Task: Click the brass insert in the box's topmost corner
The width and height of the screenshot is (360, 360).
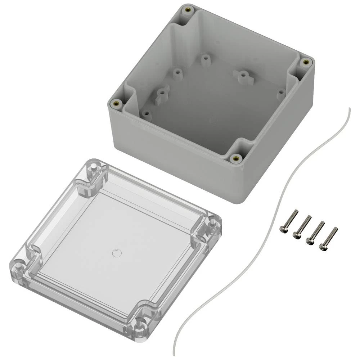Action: pyautogui.click(x=186, y=10)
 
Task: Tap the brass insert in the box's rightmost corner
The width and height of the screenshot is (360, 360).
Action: pyautogui.click(x=306, y=62)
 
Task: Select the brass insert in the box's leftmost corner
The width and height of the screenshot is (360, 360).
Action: pyautogui.click(x=116, y=104)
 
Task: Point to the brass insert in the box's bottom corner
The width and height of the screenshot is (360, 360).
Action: pyautogui.click(x=236, y=158)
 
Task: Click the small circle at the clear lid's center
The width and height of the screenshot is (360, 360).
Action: pyautogui.click(x=116, y=253)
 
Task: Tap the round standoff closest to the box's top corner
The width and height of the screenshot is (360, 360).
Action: pyautogui.click(x=205, y=59)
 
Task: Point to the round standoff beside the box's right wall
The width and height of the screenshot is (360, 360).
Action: pyautogui.click(x=280, y=93)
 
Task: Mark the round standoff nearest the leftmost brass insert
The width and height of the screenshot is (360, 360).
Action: pyautogui.click(x=146, y=114)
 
